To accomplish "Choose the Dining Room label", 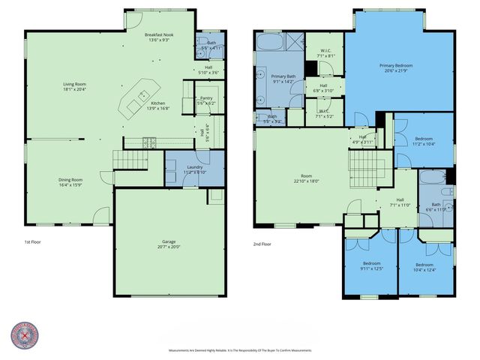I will point(71,180).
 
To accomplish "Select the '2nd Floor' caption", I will point(263,243).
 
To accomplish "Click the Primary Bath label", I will point(283,76).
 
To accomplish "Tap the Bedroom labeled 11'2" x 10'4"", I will point(424,143).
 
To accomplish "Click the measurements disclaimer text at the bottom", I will point(240,350).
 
